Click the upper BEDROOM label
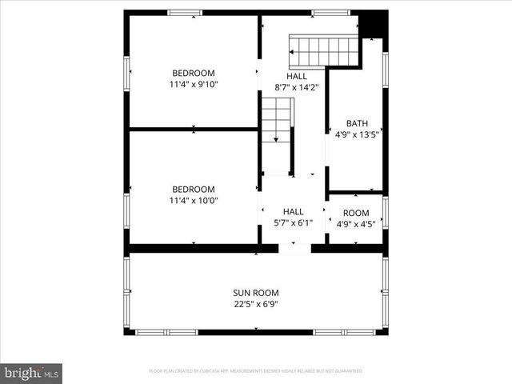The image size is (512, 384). [x=193, y=73]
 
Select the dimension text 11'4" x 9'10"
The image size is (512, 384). [x=193, y=84]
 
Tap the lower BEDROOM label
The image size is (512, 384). [x=193, y=190]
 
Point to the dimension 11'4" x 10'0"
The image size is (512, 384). [x=193, y=201]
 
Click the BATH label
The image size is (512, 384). [x=357, y=123]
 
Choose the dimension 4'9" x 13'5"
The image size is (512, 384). [x=357, y=134]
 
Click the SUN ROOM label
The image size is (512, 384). [x=256, y=293]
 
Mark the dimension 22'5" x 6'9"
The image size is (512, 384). [x=256, y=304]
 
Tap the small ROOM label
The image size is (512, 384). [x=357, y=213]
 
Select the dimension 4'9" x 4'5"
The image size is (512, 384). [x=357, y=224]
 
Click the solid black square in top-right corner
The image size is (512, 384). [x=373, y=25]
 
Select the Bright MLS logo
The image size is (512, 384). [x=32, y=372]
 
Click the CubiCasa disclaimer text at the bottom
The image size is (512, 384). [x=256, y=371]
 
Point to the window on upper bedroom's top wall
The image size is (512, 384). [x=185, y=13]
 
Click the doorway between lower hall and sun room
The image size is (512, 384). [x=294, y=249]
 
